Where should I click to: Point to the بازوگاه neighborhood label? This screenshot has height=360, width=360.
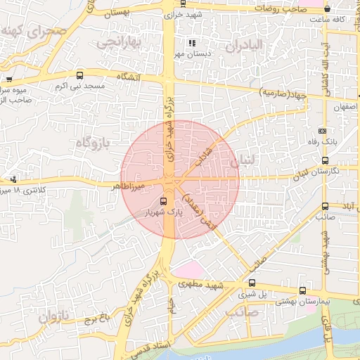pos(92,143)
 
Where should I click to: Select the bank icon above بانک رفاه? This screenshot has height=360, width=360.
pos(322,131)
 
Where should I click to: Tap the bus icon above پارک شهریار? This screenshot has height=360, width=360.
pos(164,201)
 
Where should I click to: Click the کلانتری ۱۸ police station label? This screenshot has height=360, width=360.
pos(28,190)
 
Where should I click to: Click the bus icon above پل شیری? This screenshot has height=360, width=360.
pos(302,290)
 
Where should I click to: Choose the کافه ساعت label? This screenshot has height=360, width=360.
pos(338,19)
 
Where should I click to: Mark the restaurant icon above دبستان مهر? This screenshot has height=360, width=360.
pos(192,43)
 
